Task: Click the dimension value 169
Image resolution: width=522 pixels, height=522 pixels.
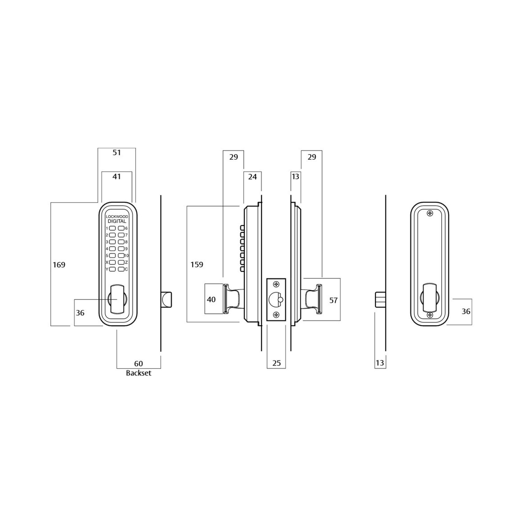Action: pos(59,265)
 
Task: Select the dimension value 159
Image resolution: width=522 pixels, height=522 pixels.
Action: pos(197,264)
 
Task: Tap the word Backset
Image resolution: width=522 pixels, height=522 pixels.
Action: pos(138,373)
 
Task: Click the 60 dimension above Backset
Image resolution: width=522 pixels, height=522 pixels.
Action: pos(138,363)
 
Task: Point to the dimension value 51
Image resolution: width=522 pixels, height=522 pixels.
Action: pos(116,152)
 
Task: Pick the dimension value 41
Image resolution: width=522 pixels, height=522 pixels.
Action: pos(116,177)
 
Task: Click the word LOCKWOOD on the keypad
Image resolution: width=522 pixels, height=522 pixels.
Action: pos(117,216)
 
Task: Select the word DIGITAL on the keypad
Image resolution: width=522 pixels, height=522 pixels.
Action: pos(117,221)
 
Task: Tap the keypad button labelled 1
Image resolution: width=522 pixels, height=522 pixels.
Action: pos(112,228)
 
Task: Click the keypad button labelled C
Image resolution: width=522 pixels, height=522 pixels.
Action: pos(121,269)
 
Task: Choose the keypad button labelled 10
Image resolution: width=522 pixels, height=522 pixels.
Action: pos(121,255)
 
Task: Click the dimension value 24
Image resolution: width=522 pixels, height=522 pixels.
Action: pos(252,177)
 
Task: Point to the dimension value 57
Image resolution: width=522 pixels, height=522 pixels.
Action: pos(333,300)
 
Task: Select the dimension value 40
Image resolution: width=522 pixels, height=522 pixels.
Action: pos(211,300)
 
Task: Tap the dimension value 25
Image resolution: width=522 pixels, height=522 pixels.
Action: pos(276,363)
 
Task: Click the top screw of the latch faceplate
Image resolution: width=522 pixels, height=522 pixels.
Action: pos(276,284)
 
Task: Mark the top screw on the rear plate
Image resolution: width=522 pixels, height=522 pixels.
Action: pos(430,213)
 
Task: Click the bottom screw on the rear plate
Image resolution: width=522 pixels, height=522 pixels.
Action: pos(430,315)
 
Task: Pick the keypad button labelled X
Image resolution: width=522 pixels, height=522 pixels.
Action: pos(112,262)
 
